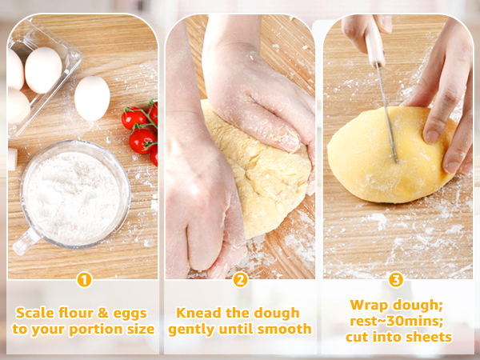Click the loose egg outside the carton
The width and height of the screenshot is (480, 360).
pos(92,98)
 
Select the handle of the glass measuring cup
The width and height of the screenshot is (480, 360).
pos(24,240)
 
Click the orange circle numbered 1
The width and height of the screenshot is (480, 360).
pos(83,280)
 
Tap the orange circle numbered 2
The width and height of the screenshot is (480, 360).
pos(240,280)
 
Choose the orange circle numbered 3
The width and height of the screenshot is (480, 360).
pos(396,280)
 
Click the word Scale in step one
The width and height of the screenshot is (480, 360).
pos(35,313)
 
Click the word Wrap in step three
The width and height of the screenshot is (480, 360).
pos(369,305)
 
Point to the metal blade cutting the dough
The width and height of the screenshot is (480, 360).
pos(388,120)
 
